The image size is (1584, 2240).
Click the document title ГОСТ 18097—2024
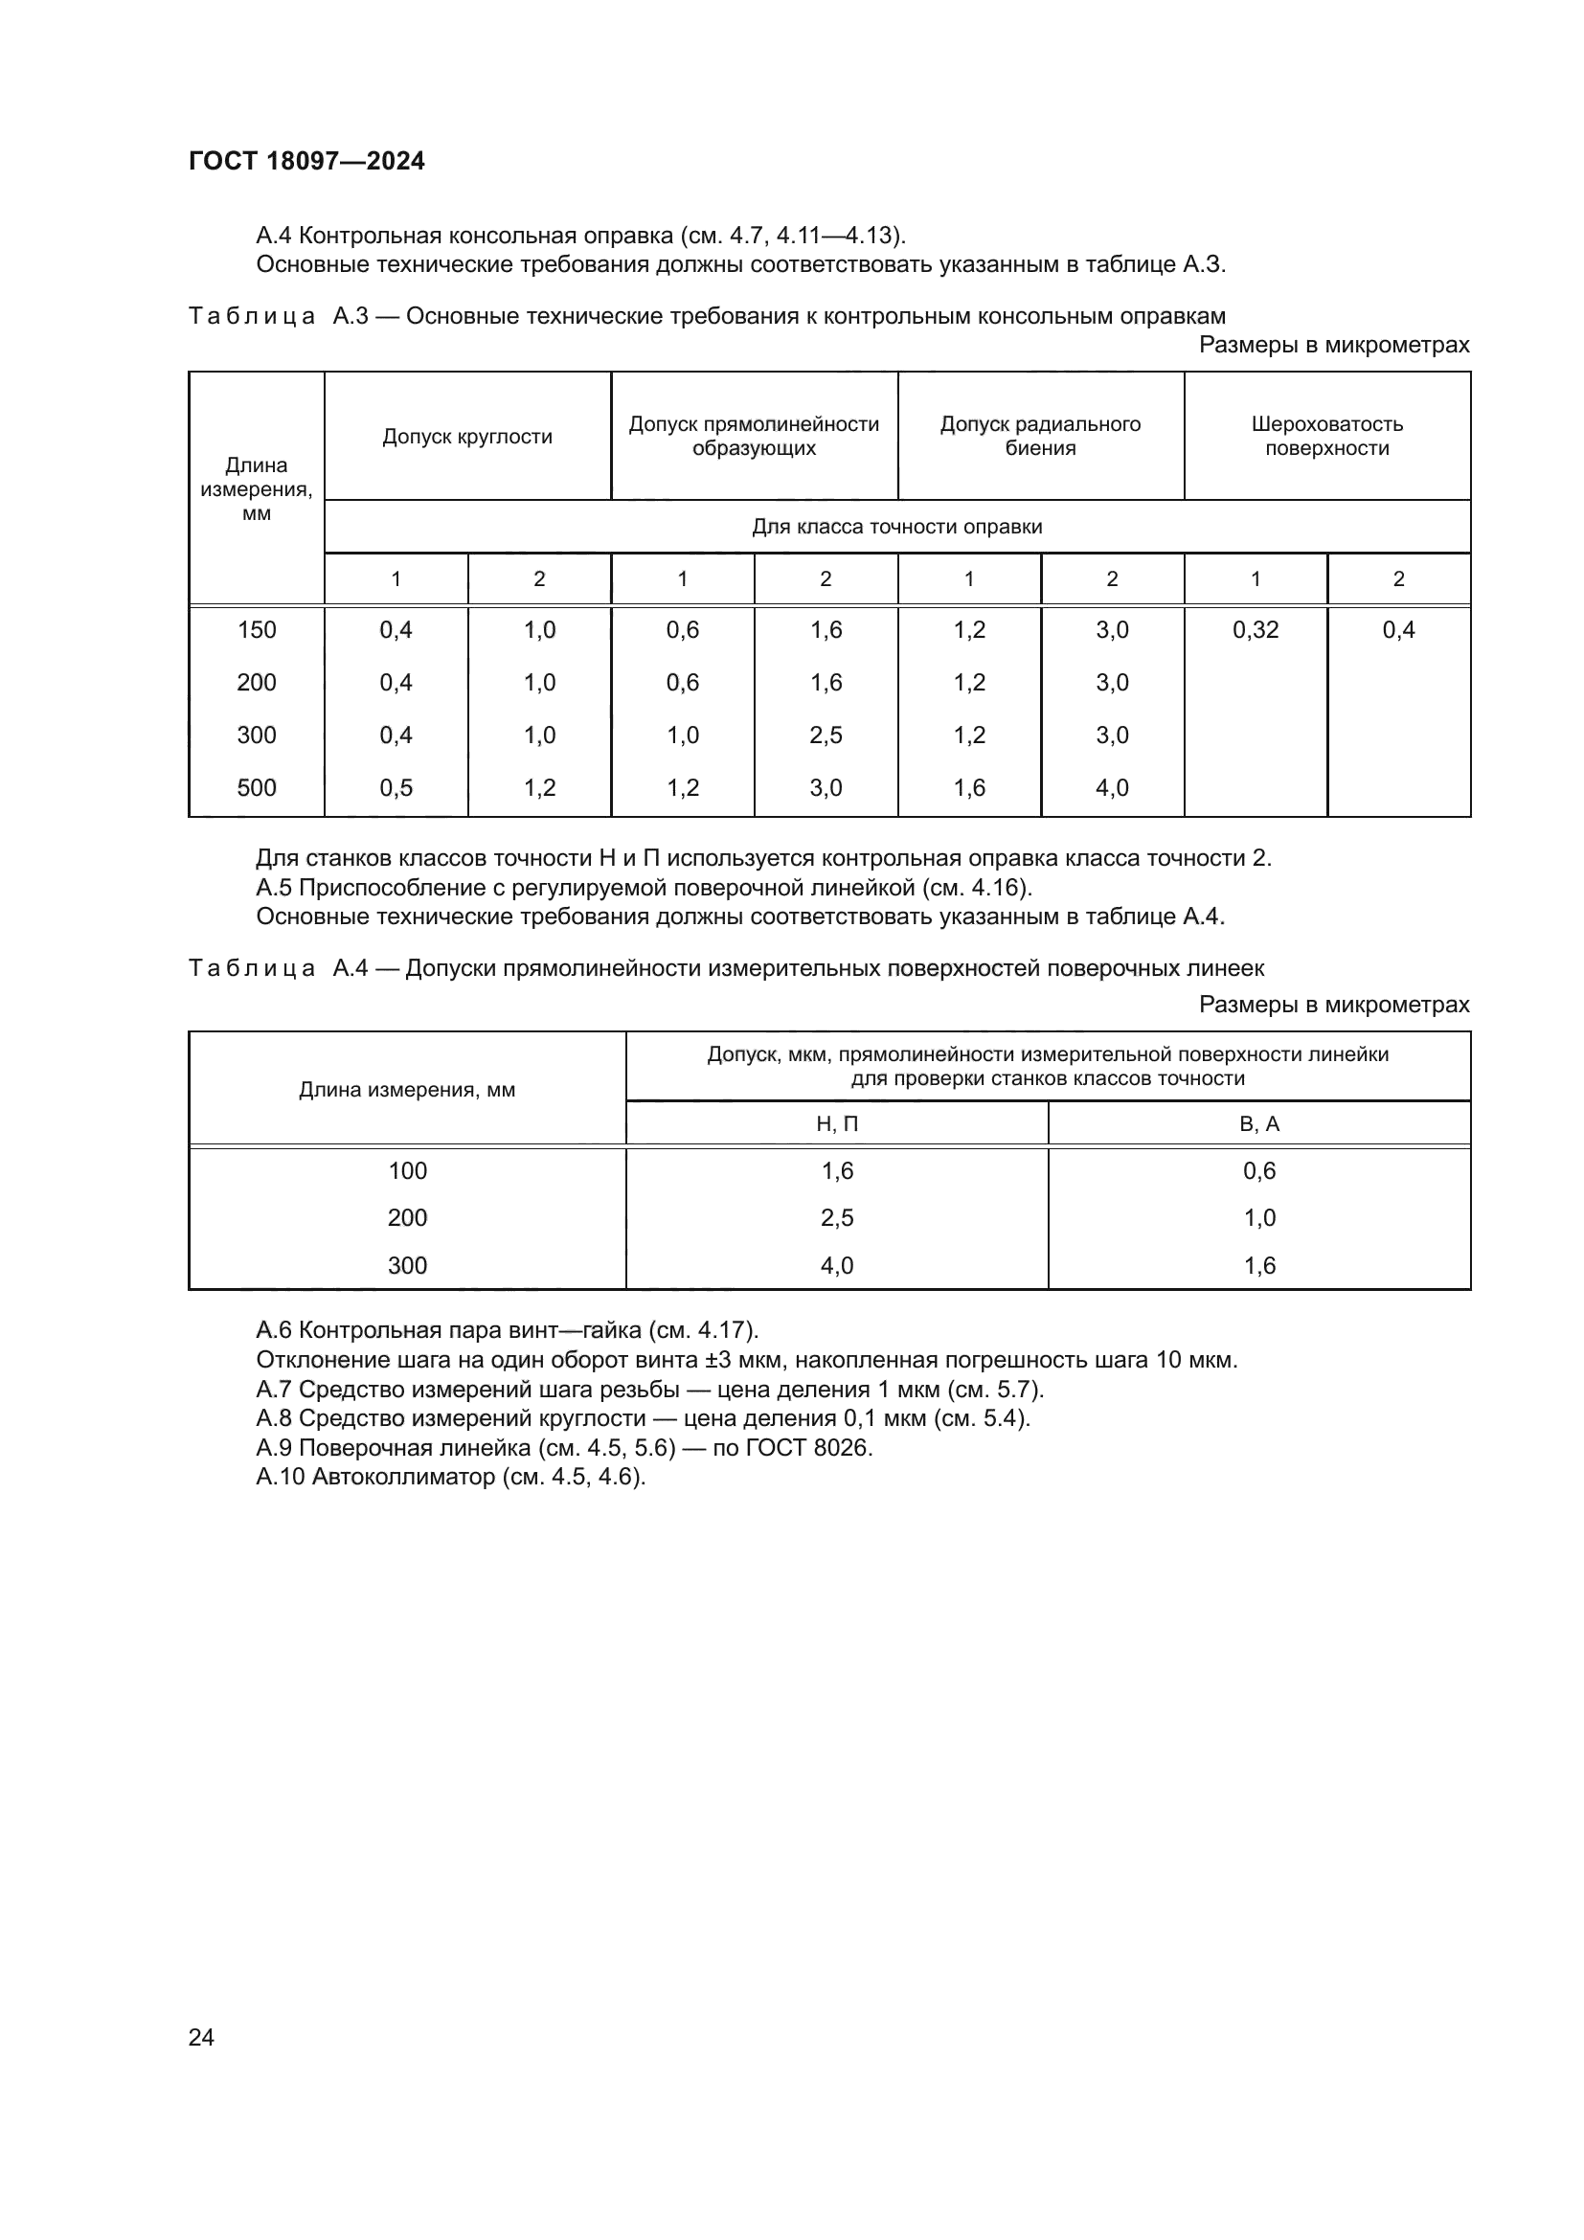pyautogui.click(x=306, y=161)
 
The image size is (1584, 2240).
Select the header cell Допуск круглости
pyautogui.click(x=467, y=436)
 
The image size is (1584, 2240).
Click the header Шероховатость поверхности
pyautogui.click(x=1326, y=436)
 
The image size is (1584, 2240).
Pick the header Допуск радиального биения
pyautogui.click(x=1040, y=436)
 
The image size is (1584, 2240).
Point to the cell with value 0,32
pyautogui.click(x=1256, y=630)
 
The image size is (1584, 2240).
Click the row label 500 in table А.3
pyautogui.click(x=257, y=787)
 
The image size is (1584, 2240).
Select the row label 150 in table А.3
pyautogui.click(x=257, y=630)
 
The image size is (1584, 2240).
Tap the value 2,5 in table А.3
pyautogui.click(x=826, y=735)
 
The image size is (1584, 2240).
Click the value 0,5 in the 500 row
pyautogui.click(x=396, y=787)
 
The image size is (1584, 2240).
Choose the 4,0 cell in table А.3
pyautogui.click(x=1112, y=787)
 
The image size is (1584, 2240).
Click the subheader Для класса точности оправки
pyautogui.click(x=896, y=527)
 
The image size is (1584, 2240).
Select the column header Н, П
pyautogui.click(x=837, y=1124)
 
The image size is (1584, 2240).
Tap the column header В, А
pyautogui.click(x=1259, y=1124)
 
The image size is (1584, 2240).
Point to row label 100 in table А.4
pyautogui.click(x=408, y=1170)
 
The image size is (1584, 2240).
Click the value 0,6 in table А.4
pyautogui.click(x=1259, y=1170)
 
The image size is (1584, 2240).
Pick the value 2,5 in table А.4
pyautogui.click(x=837, y=1217)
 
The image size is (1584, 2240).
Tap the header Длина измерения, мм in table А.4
pyautogui.click(x=407, y=1090)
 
